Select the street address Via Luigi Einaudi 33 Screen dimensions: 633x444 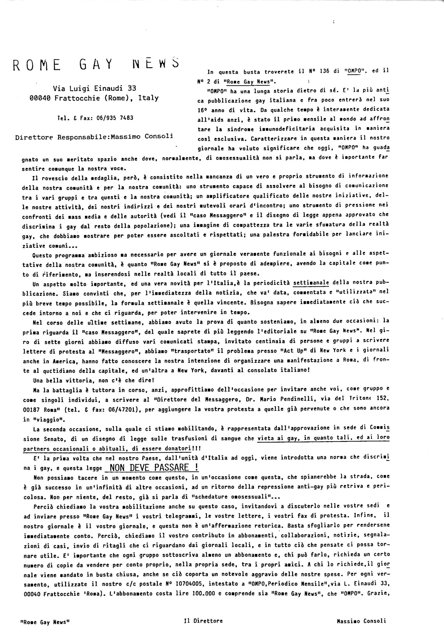pyautogui.click(x=94, y=88)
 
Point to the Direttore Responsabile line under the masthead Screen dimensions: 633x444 pyautogui.click(x=94, y=137)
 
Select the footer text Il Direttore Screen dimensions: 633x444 pyautogui.click(x=203, y=621)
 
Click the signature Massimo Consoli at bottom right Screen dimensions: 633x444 pyautogui.click(x=361, y=621)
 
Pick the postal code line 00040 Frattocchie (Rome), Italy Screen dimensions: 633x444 pyautogui.click(x=94, y=98)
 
